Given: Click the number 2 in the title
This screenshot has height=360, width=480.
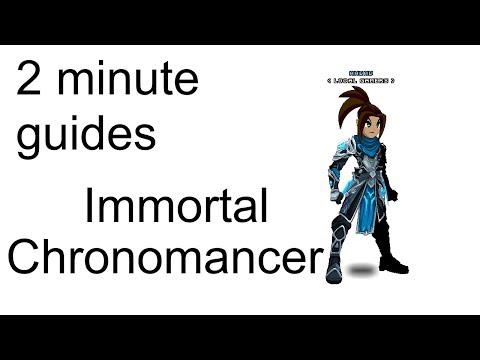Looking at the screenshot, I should click(x=28, y=82).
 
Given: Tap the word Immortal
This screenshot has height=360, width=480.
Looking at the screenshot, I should click(x=176, y=209).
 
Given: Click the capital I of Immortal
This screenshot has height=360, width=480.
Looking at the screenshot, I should click(x=90, y=209).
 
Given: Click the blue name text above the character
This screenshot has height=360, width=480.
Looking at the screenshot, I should click(x=360, y=73).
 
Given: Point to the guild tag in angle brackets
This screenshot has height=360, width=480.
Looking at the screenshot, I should click(x=360, y=81).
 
